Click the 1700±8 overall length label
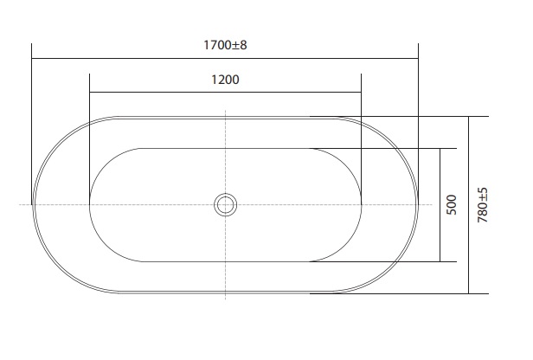(225, 45)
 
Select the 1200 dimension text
(225, 80)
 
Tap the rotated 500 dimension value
(452, 204)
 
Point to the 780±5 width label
(482, 205)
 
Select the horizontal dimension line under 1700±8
(225, 59)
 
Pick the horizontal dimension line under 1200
(225, 92)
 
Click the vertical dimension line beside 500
(440, 205)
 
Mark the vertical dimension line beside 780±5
(468, 205)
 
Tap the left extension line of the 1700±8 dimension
(32, 124)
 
